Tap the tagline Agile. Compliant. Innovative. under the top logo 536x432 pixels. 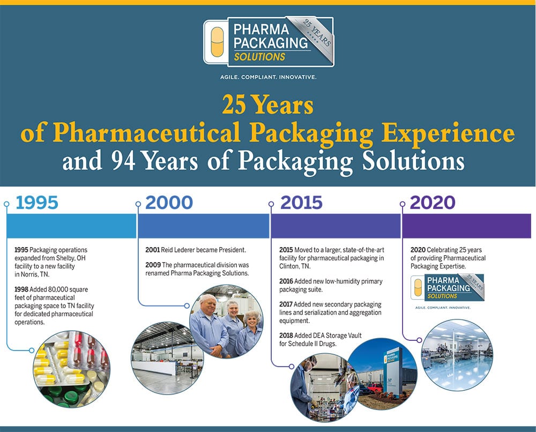pyautogui.click(x=269, y=77)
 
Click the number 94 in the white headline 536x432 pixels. pyautogui.click(x=123, y=160)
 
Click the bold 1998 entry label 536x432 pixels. pyautogui.click(x=21, y=289)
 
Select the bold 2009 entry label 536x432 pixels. pyautogui.click(x=153, y=265)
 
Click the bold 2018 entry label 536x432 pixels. pyautogui.click(x=286, y=336)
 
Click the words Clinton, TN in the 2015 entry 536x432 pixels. pyautogui.click(x=295, y=266)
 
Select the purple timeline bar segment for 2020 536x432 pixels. pyautogui.click(x=467, y=226)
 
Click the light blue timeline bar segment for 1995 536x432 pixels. pyautogui.click(x=71, y=226)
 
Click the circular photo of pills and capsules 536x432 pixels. pyautogui.click(x=72, y=369)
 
